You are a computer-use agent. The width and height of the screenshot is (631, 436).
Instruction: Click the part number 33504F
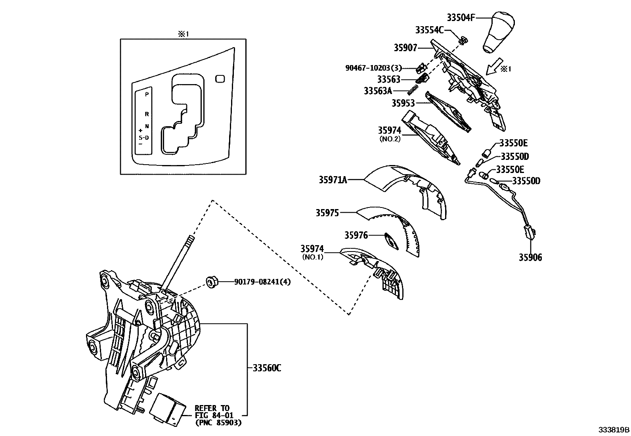(461, 17)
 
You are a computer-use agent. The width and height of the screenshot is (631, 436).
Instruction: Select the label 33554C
(429, 30)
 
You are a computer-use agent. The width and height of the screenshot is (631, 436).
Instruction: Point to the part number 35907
(405, 48)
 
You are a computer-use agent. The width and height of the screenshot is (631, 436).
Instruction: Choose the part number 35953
(403, 103)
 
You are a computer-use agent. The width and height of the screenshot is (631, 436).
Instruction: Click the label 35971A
(333, 180)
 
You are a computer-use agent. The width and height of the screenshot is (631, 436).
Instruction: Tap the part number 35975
(327, 213)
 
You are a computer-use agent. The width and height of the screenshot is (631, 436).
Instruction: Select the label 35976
(356, 236)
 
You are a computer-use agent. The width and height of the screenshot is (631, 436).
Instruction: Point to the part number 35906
(530, 257)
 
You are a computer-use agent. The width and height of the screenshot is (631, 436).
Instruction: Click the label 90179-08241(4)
(262, 282)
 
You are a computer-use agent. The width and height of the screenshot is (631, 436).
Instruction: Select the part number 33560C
(267, 368)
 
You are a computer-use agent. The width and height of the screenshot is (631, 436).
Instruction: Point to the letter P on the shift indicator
(147, 95)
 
